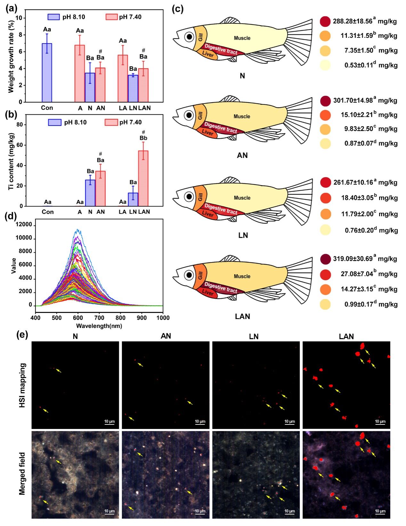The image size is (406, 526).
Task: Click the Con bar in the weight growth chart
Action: coord(47,73)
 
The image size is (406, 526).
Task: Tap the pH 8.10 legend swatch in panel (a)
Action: coord(54,17)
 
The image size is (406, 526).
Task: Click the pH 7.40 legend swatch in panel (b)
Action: coord(111,122)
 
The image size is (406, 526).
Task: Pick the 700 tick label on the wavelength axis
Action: coord(99,318)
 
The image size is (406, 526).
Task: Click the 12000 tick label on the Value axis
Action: coord(24,225)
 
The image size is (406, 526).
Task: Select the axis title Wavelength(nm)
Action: coord(99,326)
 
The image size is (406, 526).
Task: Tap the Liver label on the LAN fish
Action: coord(207,292)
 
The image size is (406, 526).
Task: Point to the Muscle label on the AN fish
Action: coord(242,117)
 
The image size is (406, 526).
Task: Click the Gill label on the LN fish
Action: coord(200,197)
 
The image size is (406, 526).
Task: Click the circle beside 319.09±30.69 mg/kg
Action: coord(325,259)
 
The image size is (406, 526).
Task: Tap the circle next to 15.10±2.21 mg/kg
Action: coord(325,115)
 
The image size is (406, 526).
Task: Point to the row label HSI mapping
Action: coord(22,385)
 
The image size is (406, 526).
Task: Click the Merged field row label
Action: coord(22,473)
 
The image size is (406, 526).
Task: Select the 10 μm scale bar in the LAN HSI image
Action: coord(380,423)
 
